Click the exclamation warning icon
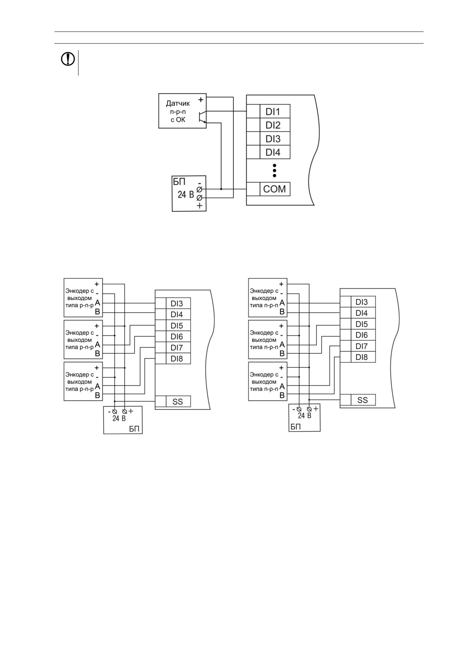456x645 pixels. [68, 59]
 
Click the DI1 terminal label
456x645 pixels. [273, 112]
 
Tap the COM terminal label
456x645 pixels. [275, 189]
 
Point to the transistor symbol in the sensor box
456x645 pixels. [202, 117]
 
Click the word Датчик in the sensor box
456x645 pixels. [178, 103]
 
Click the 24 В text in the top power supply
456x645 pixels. [186, 194]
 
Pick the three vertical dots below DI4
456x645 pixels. [275, 171]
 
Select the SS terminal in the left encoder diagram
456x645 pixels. [178, 402]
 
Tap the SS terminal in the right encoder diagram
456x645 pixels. [363, 400]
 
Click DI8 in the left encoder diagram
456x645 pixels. [177, 359]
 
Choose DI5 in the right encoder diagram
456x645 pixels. [361, 324]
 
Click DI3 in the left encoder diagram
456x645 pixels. [177, 304]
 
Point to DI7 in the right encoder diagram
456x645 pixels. [361, 346]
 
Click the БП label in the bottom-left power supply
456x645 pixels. [134, 429]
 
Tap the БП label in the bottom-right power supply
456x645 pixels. [296, 427]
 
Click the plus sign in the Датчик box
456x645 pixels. [201, 100]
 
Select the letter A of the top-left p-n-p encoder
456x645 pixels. [98, 303]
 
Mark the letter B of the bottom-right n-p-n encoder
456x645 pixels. [282, 395]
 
